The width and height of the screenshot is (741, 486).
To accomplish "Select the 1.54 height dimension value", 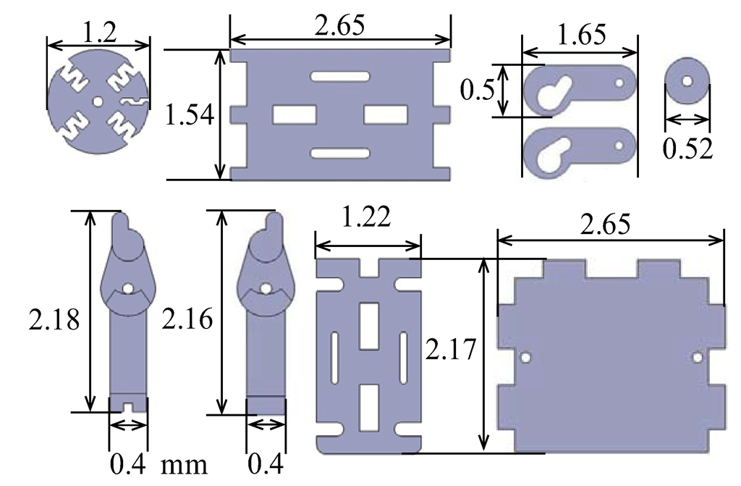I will click(x=190, y=114).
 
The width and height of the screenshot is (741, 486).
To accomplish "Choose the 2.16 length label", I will click(x=187, y=319).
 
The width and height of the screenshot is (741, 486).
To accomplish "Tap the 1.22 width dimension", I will click(x=366, y=217).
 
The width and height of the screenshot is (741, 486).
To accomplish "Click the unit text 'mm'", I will click(x=185, y=463).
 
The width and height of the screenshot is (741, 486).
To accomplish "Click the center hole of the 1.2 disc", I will click(x=98, y=102).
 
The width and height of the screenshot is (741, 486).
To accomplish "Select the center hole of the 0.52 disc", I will click(x=687, y=80).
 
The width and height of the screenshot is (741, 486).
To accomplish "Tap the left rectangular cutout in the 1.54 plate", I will click(x=294, y=114).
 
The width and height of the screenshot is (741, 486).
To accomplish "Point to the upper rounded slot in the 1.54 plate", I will click(x=339, y=76).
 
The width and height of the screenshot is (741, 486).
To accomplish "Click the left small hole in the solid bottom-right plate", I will click(x=526, y=358).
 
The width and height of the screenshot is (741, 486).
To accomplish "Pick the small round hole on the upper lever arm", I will click(x=619, y=83).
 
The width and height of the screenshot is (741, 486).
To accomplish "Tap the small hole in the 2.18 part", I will click(x=127, y=288).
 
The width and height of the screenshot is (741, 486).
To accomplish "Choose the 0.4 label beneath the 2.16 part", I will click(x=265, y=463).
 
